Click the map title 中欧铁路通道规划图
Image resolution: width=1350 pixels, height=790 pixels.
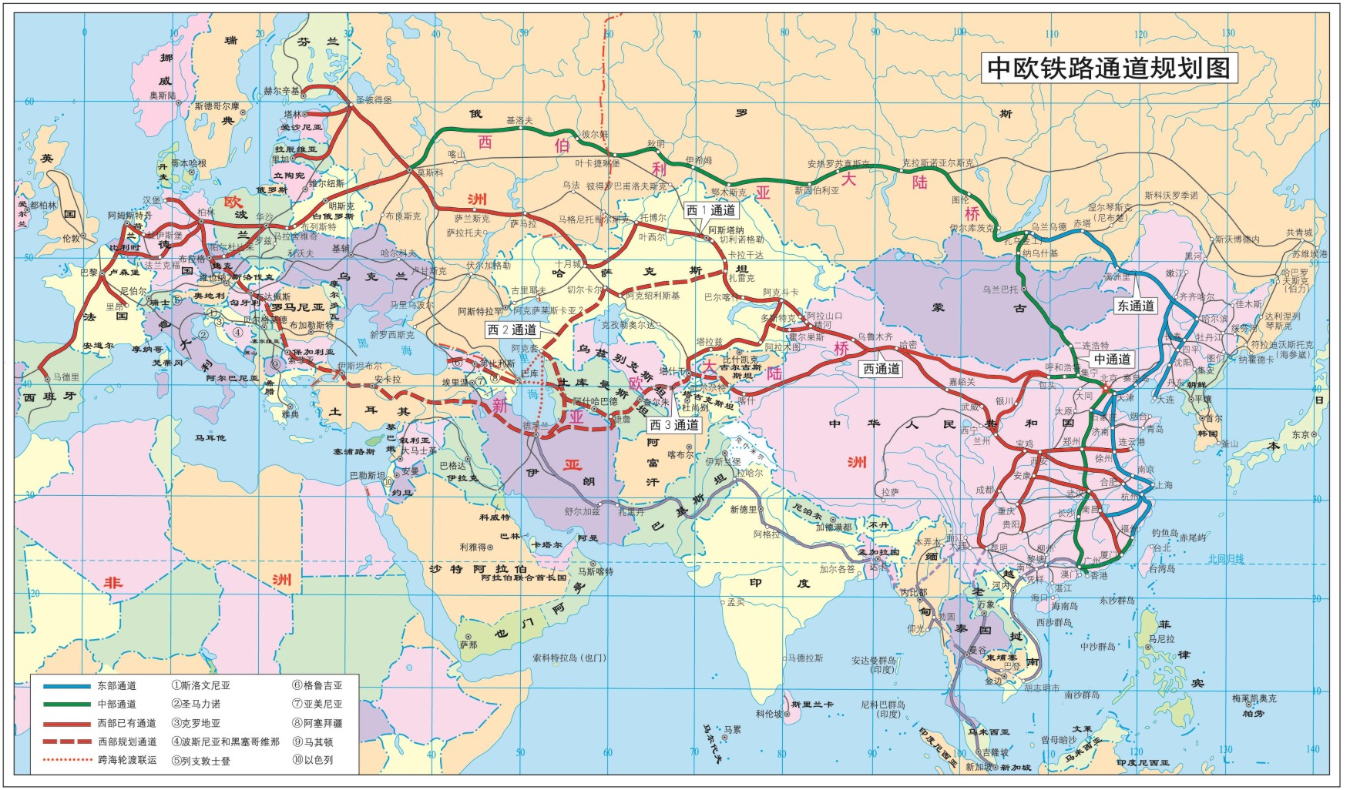tap(1109, 68)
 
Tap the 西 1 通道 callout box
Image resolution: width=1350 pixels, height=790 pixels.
tap(710, 210)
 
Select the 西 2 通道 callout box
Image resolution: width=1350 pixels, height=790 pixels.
tap(512, 330)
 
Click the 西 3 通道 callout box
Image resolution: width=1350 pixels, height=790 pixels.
tap(673, 425)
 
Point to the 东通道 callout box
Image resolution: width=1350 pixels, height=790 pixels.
tap(1135, 306)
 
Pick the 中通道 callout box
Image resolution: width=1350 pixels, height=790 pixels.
tap(1112, 359)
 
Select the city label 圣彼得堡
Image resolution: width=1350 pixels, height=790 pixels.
tap(373, 100)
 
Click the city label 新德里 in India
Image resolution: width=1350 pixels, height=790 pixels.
tap(743, 509)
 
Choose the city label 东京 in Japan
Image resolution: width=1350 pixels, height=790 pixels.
tap(1300, 434)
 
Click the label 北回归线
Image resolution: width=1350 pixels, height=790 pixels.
tap(1225, 559)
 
